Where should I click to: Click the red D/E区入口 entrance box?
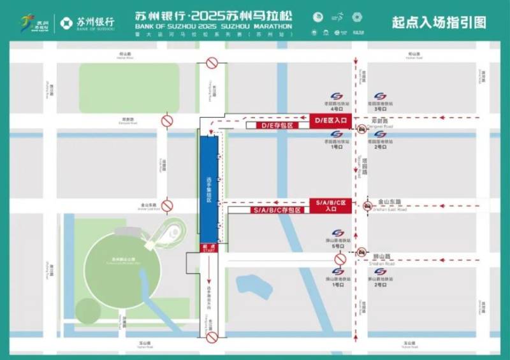click(330, 120)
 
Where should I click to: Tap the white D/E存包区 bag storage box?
click(277, 126)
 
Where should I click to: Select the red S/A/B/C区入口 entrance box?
click(330, 205)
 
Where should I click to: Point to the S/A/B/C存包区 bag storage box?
click(276, 210)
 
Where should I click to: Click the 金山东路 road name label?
click(389, 201)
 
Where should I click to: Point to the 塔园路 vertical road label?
click(365, 167)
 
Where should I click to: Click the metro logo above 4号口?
click(337, 96)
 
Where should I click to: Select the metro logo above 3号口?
click(380, 96)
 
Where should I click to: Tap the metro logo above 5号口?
click(337, 233)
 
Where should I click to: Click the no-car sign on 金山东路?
click(368, 206)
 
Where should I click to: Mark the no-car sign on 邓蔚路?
click(361, 129)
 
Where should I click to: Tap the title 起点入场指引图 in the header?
click(440, 23)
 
